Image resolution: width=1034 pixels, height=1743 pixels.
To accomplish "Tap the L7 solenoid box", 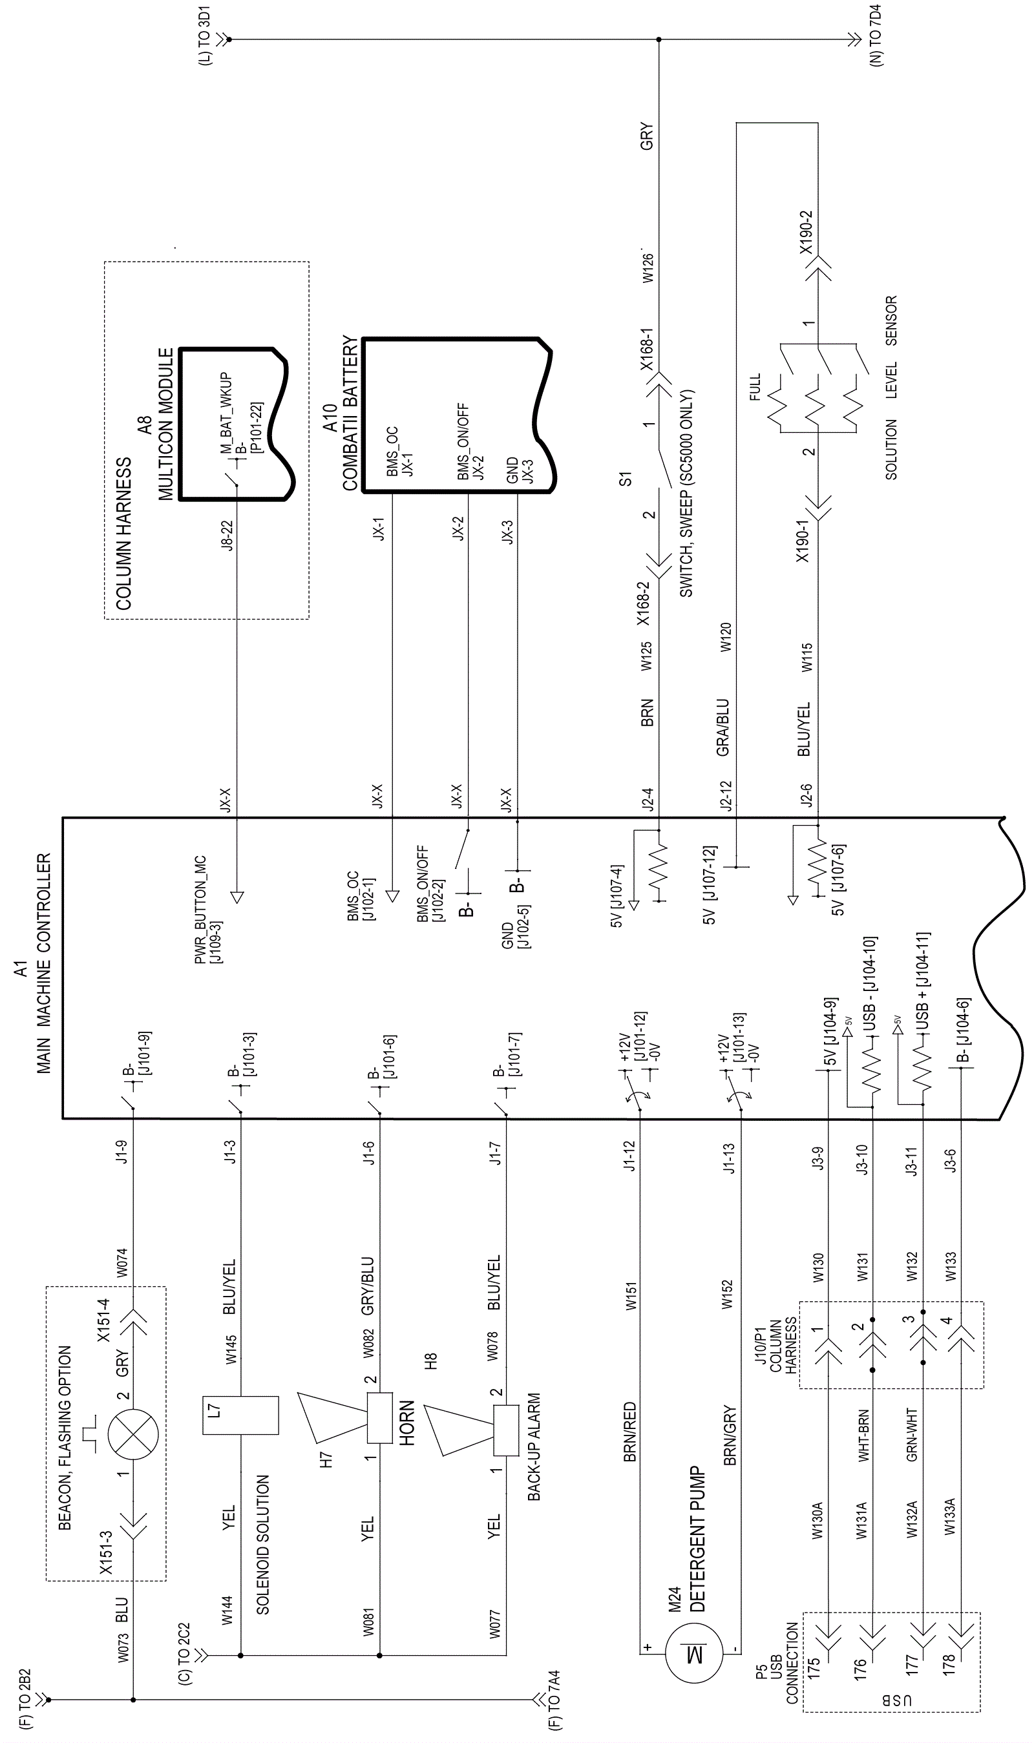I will [240, 1415].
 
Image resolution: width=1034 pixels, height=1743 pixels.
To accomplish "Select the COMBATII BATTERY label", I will [350, 413].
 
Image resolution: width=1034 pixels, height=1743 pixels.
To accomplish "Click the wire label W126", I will [648, 267].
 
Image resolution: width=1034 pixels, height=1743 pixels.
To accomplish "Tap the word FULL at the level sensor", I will [755, 387].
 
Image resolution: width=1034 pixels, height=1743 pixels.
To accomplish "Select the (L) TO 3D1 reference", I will [204, 37].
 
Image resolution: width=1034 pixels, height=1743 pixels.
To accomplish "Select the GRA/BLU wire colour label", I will [723, 727].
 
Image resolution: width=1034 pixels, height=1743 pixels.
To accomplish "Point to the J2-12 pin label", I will [726, 795].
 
